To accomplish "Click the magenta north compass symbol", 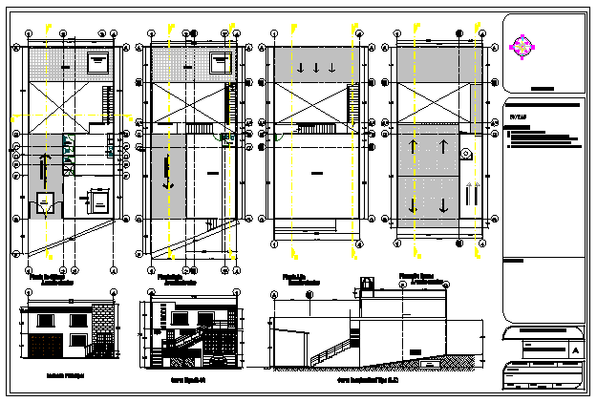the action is tap(521, 45).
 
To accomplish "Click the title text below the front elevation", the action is tap(64, 376).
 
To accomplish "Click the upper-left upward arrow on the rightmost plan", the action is tap(415, 147).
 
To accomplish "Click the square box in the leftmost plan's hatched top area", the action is tap(97, 63).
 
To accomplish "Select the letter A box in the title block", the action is tap(574, 349).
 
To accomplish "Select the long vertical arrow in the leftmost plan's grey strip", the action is tap(43, 172).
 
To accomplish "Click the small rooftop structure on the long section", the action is tap(367, 285).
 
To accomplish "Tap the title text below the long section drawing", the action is tap(369, 378).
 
